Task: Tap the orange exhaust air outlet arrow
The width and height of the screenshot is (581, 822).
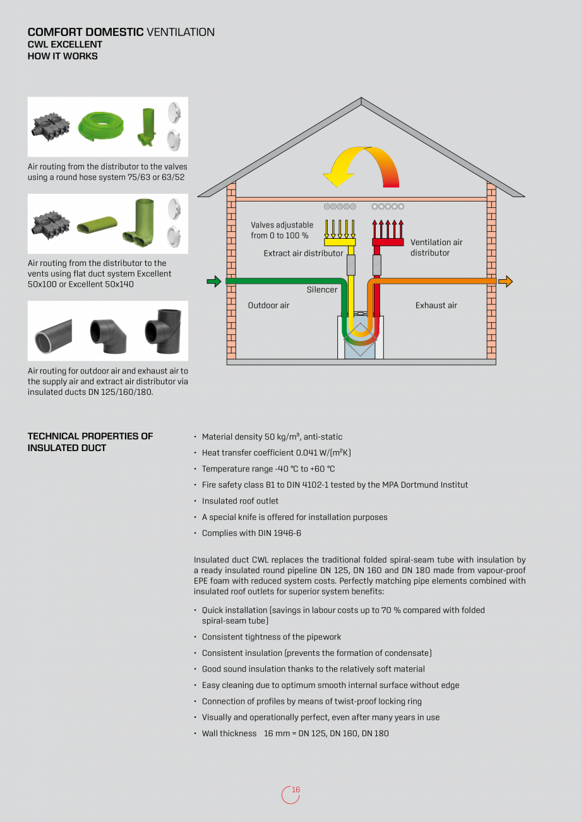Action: [505, 282]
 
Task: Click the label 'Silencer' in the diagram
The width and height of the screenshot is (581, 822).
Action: [322, 290]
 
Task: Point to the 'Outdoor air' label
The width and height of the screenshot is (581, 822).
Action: [268, 306]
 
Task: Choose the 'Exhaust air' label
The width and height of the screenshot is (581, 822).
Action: [436, 306]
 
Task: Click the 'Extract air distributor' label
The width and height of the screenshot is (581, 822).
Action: [303, 253]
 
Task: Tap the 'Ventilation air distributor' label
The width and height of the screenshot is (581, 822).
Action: [436, 248]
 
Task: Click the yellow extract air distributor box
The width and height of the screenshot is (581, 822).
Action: [340, 242]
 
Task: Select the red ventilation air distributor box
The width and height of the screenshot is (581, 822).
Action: [388, 242]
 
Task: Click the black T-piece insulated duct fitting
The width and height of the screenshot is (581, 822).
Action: [163, 329]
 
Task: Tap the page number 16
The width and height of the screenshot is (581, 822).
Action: [296, 790]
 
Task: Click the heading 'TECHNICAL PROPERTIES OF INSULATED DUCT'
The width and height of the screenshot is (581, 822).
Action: [90, 442]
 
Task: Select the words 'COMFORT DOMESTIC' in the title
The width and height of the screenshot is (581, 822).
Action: [85, 32]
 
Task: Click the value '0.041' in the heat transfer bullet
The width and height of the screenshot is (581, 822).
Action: [309, 453]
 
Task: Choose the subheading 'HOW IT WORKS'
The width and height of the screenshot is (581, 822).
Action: [63, 56]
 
